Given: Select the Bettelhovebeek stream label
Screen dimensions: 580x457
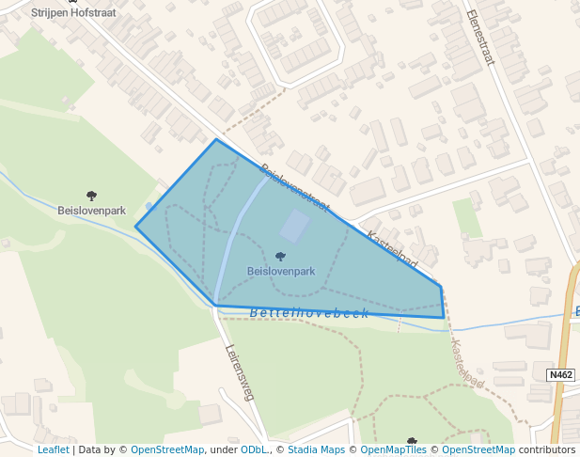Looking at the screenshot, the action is point(309,313).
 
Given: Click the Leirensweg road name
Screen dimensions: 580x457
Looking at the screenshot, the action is point(241,370).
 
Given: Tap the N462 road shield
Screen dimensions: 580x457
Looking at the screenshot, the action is point(560,374).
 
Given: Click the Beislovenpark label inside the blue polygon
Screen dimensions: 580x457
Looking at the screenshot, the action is point(280,271).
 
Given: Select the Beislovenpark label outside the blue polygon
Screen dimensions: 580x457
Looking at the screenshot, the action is point(91,211).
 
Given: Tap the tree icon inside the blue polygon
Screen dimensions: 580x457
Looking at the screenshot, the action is point(280,256).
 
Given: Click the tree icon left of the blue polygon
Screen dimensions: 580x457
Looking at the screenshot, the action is point(91,196).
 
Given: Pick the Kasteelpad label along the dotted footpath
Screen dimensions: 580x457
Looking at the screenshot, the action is point(466,365).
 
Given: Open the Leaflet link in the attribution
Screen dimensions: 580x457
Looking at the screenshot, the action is point(53,450).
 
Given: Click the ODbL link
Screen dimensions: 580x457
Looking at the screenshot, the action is point(254,450).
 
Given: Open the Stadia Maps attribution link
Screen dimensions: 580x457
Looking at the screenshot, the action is point(316,450).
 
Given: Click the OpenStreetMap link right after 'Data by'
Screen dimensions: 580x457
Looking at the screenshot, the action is point(166,450).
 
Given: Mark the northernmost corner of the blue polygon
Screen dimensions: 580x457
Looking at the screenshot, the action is point(216,140).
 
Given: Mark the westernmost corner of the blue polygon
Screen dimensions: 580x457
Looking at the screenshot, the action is point(136,227).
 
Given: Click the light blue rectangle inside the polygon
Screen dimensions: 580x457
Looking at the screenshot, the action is point(295,226).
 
